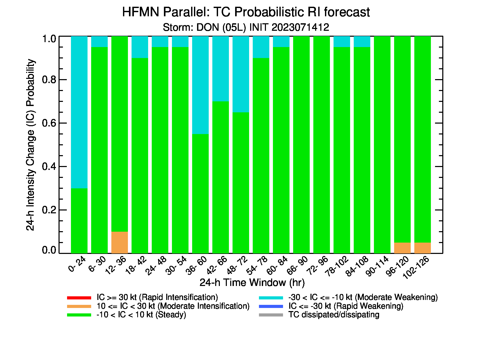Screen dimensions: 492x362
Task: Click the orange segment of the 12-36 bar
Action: pos(120,242)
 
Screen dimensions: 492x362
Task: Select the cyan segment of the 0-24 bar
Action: pos(79,112)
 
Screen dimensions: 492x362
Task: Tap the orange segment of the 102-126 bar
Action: pos(423,248)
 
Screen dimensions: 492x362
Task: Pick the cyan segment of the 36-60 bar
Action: pos(200,85)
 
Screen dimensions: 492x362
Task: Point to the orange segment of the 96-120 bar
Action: pos(402,248)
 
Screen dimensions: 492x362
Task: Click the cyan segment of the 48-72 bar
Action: pos(241,74)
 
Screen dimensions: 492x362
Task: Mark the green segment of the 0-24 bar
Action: pos(79,221)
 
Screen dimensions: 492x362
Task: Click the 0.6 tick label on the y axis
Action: pos(49,123)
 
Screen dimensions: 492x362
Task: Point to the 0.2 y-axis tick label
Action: pos(49,210)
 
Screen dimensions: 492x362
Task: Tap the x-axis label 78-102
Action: pos(337,266)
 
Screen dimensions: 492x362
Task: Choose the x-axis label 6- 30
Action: pos(97,264)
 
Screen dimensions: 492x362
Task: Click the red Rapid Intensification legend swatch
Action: pos(79,298)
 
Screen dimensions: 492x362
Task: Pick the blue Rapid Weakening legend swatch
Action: pos(271,306)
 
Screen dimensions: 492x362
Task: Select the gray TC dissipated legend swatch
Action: pos(271,315)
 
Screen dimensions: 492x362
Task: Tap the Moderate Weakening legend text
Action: pos(363,297)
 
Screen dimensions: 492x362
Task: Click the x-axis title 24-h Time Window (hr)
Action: pos(252,283)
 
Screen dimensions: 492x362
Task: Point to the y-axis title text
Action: pos(31,145)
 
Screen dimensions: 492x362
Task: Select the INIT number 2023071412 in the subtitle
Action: pos(300,27)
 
